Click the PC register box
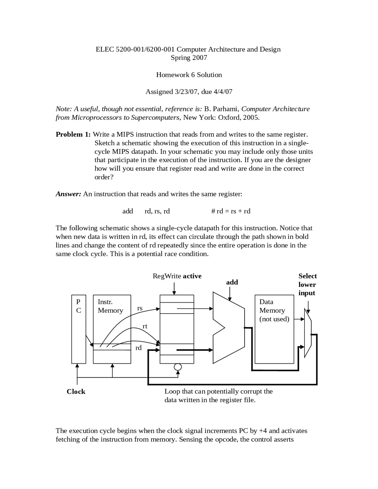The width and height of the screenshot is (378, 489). (79, 329)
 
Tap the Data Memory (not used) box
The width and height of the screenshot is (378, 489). (274, 329)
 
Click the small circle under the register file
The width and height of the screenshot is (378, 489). (178, 367)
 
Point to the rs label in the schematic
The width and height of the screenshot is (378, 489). (140, 308)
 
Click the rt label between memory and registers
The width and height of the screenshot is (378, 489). (145, 326)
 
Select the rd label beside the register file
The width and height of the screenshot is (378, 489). (139, 348)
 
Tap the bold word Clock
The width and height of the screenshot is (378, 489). (76, 392)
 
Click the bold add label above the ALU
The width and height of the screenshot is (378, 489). (232, 282)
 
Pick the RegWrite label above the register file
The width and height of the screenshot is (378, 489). (177, 276)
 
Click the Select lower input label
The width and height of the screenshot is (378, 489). (307, 284)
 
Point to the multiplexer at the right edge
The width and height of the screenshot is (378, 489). (308, 333)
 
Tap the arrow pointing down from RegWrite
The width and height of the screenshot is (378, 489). (174, 288)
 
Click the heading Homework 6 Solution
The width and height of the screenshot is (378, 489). (189, 75)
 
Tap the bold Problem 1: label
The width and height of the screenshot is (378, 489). (73, 134)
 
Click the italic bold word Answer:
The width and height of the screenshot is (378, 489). (68, 194)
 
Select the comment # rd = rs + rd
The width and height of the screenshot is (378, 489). (231, 211)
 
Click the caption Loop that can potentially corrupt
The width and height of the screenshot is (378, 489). (218, 392)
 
